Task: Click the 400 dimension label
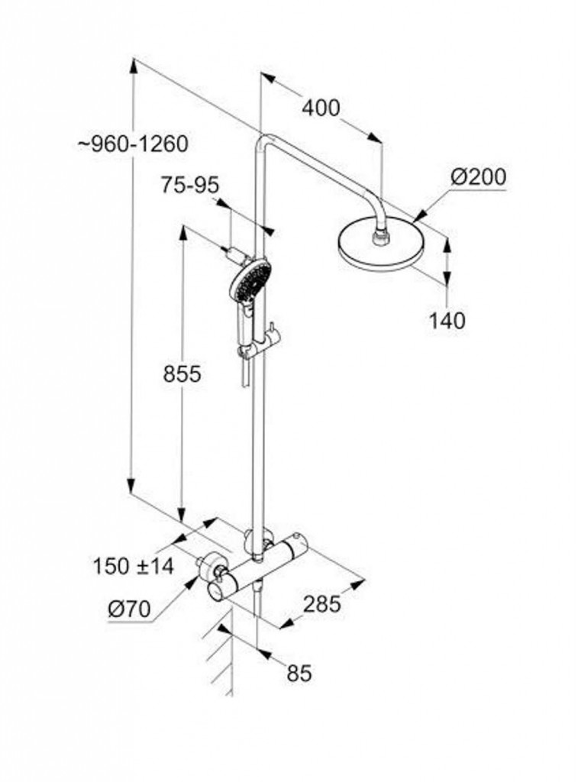[x=321, y=108]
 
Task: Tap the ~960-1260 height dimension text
[x=134, y=144]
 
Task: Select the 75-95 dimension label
[x=189, y=185]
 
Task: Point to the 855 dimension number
[x=182, y=373]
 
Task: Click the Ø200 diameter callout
[x=478, y=177]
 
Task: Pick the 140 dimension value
[x=447, y=320]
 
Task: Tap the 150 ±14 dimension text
[x=134, y=566]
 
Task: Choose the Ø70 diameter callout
[x=129, y=609]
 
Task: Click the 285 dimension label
[x=322, y=604]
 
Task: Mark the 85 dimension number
[x=299, y=673]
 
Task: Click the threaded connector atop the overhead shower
[x=381, y=237]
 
